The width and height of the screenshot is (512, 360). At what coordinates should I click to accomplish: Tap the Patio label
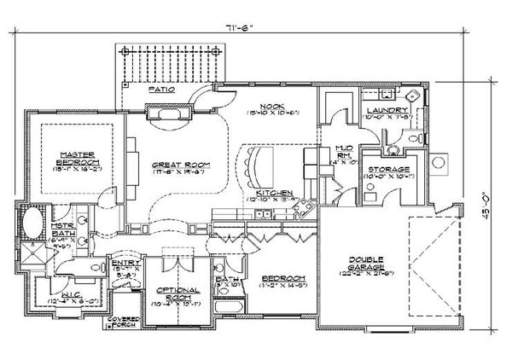click(157, 89)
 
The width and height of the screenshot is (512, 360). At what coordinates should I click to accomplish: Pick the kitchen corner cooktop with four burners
click(301, 206)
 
